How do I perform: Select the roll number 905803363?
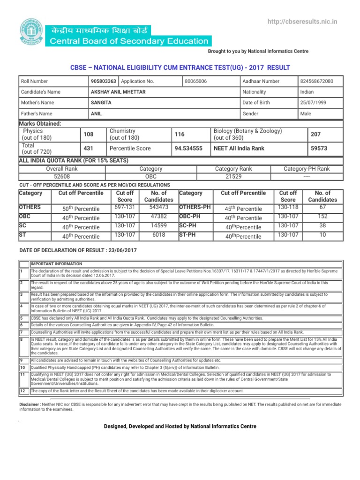[x=104, y=81]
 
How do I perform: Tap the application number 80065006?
[x=196, y=81]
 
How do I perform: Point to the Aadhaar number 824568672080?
[x=316, y=81]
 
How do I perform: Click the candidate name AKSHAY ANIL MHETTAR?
[x=118, y=92]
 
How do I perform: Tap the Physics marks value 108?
[x=89, y=135]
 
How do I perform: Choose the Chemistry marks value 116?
[x=180, y=135]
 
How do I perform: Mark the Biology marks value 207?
[x=315, y=135]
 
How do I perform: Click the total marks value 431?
[x=89, y=148]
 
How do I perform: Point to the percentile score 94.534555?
[x=188, y=148]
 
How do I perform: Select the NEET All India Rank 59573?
[x=319, y=148]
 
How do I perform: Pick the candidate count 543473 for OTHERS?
[x=159, y=207]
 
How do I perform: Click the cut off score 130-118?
[x=288, y=207]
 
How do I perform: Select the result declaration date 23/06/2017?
[x=119, y=251]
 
